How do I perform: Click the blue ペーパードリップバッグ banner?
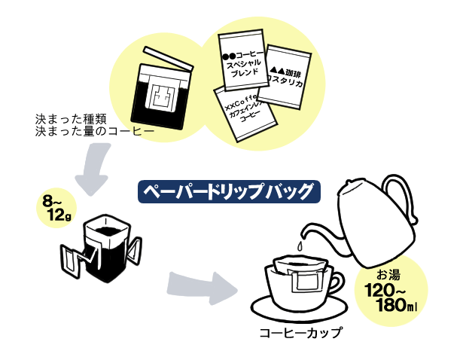[x=230, y=191]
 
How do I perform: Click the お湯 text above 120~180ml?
[x=389, y=273]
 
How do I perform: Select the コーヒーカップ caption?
[x=300, y=331]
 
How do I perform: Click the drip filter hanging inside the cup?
[x=300, y=275]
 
